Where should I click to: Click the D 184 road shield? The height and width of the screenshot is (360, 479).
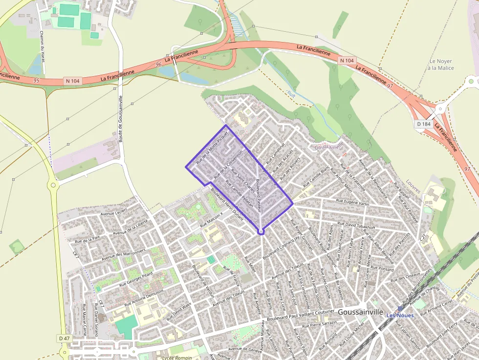pyautogui.click(x=423, y=124)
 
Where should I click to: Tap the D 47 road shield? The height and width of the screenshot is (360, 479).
pyautogui.click(x=65, y=338)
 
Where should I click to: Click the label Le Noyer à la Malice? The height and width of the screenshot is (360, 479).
pyautogui.click(x=441, y=64)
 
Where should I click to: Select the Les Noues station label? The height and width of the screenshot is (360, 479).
pyautogui.click(x=400, y=315)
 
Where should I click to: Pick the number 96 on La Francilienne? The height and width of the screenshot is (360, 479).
pyautogui.click(x=158, y=64)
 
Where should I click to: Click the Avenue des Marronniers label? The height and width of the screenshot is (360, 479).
pyautogui.click(x=124, y=254)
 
